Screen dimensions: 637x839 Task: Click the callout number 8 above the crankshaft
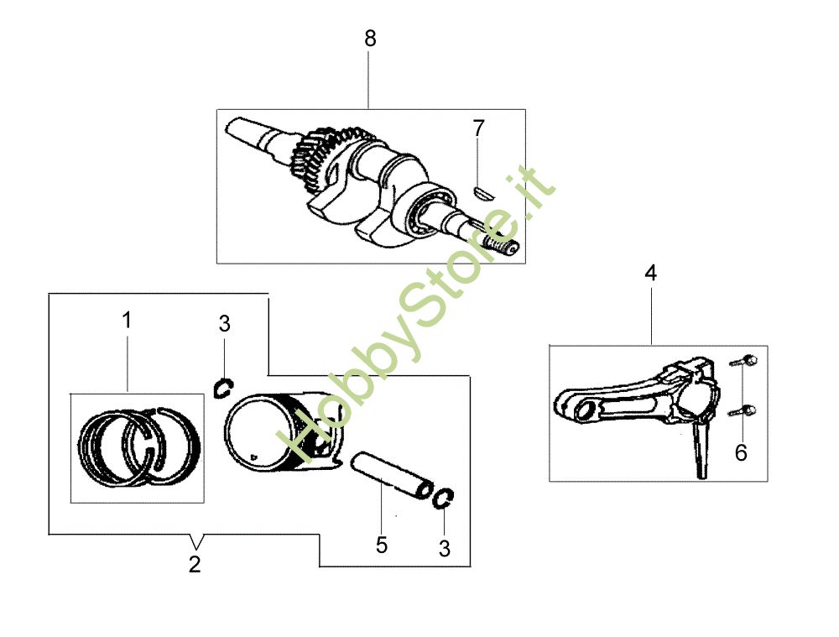370,39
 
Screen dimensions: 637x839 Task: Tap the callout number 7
478,128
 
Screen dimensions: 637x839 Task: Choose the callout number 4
650,274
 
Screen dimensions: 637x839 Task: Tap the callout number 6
741,453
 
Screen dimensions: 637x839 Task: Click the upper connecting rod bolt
744,362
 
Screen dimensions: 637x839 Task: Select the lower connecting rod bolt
744,411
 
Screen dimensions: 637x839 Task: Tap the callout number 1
127,321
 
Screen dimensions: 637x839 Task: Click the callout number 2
195,565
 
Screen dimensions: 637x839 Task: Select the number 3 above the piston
224,324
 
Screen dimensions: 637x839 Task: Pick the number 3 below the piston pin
445,550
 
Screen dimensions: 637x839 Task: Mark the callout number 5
381,546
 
